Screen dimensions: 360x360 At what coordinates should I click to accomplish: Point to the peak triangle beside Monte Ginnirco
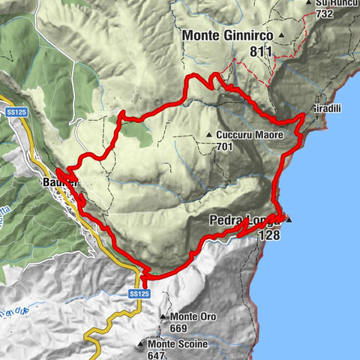pyautogui.click(x=281, y=35)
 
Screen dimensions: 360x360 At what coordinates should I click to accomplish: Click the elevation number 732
pyautogui.click(x=325, y=13)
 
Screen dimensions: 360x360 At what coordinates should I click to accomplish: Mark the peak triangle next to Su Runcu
pyautogui.click(x=308, y=3)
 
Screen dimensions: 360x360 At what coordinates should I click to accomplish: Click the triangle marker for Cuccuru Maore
pyautogui.click(x=209, y=136)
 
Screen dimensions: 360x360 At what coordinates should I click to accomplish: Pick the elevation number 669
pyautogui.click(x=183, y=327)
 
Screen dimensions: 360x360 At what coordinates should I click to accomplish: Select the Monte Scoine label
pyautogui.click(x=176, y=344)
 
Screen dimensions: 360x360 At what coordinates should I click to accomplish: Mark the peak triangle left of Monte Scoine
pyautogui.click(x=140, y=344)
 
